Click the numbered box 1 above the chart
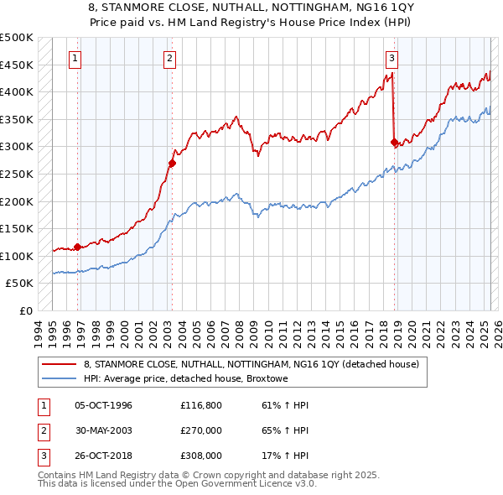pos(75,58)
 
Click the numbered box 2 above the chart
pos(169,58)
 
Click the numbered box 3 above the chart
pos(392,58)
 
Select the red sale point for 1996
pos(78,247)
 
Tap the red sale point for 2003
pos(172,164)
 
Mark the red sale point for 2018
pos(394,143)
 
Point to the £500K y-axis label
pos(17,38)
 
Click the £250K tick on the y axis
pos(17,174)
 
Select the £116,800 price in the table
pos(200,406)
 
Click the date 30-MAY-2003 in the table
pos(104,430)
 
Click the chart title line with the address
pos(251,8)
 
